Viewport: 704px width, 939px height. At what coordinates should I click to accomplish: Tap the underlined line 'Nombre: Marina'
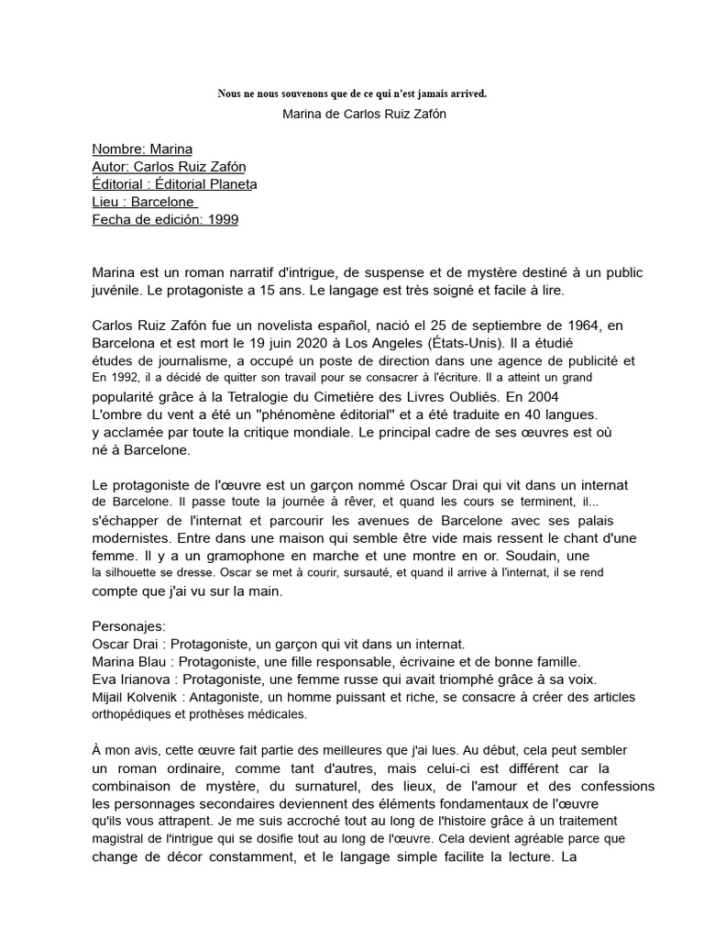142,149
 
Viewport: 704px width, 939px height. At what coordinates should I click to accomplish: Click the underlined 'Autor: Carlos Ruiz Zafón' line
169,166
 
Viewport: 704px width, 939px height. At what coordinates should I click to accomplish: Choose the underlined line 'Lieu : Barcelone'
145,202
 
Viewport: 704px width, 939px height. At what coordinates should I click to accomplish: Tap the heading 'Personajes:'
129,626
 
